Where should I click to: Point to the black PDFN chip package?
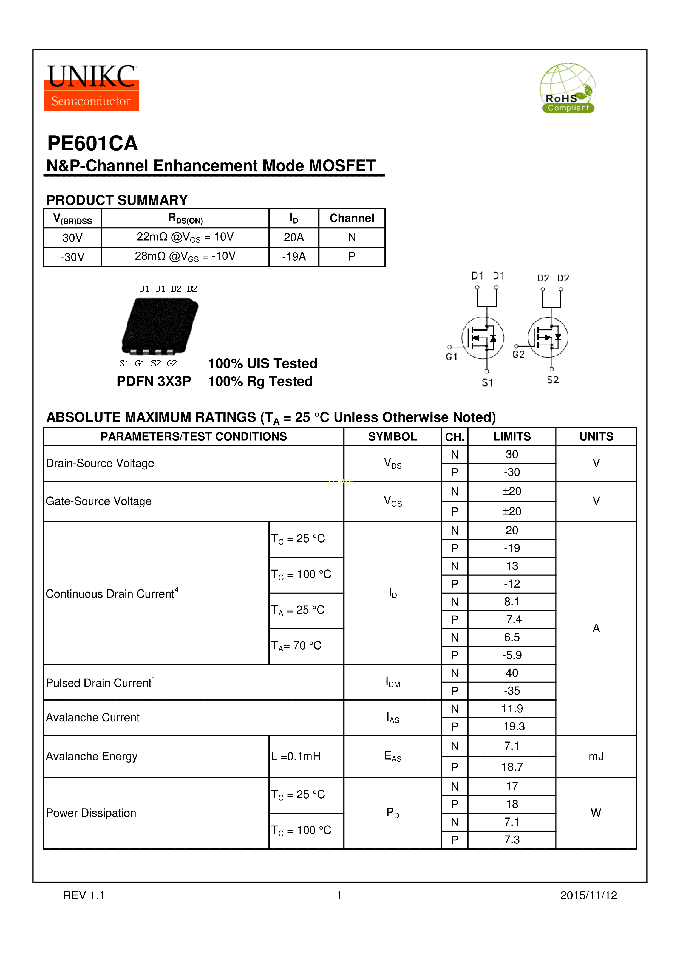tap(160, 326)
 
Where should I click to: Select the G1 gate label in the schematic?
tap(451, 357)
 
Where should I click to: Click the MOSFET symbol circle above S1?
tap(483, 338)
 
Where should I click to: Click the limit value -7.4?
tap(512, 619)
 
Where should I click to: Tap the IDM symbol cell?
tap(392, 682)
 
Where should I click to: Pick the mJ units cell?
tap(596, 756)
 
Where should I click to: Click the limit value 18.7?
tap(512, 767)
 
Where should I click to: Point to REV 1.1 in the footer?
tap(83, 895)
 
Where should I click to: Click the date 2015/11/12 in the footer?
tap(588, 895)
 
